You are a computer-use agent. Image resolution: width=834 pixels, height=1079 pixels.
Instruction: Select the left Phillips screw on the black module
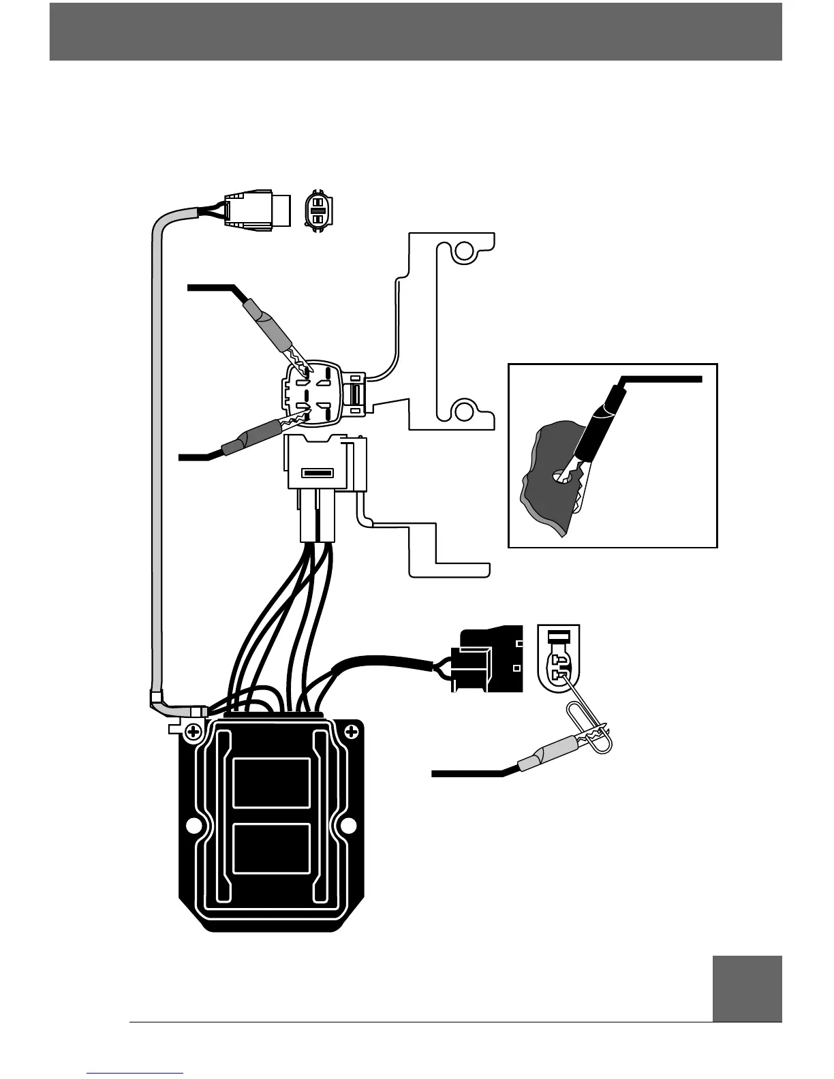[194, 733]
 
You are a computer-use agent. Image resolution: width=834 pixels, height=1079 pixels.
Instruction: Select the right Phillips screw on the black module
[352, 732]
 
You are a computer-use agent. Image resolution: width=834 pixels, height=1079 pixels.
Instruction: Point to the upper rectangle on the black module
[271, 783]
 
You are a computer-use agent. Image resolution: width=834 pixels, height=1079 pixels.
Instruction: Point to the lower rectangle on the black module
[271, 849]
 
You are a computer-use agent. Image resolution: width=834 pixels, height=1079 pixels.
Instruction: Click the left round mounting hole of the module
[194, 826]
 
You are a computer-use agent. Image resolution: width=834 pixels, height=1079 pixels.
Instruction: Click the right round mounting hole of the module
[348, 826]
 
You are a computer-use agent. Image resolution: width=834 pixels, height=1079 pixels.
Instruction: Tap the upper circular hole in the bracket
[464, 253]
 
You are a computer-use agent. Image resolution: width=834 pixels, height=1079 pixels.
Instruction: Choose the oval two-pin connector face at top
[317, 211]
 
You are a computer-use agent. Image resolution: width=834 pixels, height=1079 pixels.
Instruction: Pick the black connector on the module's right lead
[487, 659]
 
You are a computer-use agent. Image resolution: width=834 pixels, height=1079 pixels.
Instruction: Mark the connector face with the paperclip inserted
[558, 657]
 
